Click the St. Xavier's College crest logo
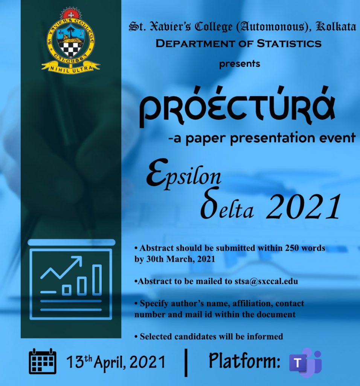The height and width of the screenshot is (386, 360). pos(70,40)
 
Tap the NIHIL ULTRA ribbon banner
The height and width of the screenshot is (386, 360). pos(71,67)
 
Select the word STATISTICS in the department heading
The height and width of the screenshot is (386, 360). pos(289,44)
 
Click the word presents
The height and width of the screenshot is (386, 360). pos(239,64)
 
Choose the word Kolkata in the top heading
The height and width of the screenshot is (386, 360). pos(336,27)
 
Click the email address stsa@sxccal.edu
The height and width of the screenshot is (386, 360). pos(266,281)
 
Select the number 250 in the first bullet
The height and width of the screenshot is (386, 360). pos(292,248)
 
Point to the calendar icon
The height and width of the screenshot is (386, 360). pos(43,361)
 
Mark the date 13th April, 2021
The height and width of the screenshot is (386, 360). pos(116,361)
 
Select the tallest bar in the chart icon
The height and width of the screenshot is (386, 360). pos(97,280)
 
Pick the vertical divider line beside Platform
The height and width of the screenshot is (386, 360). pos(186,362)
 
